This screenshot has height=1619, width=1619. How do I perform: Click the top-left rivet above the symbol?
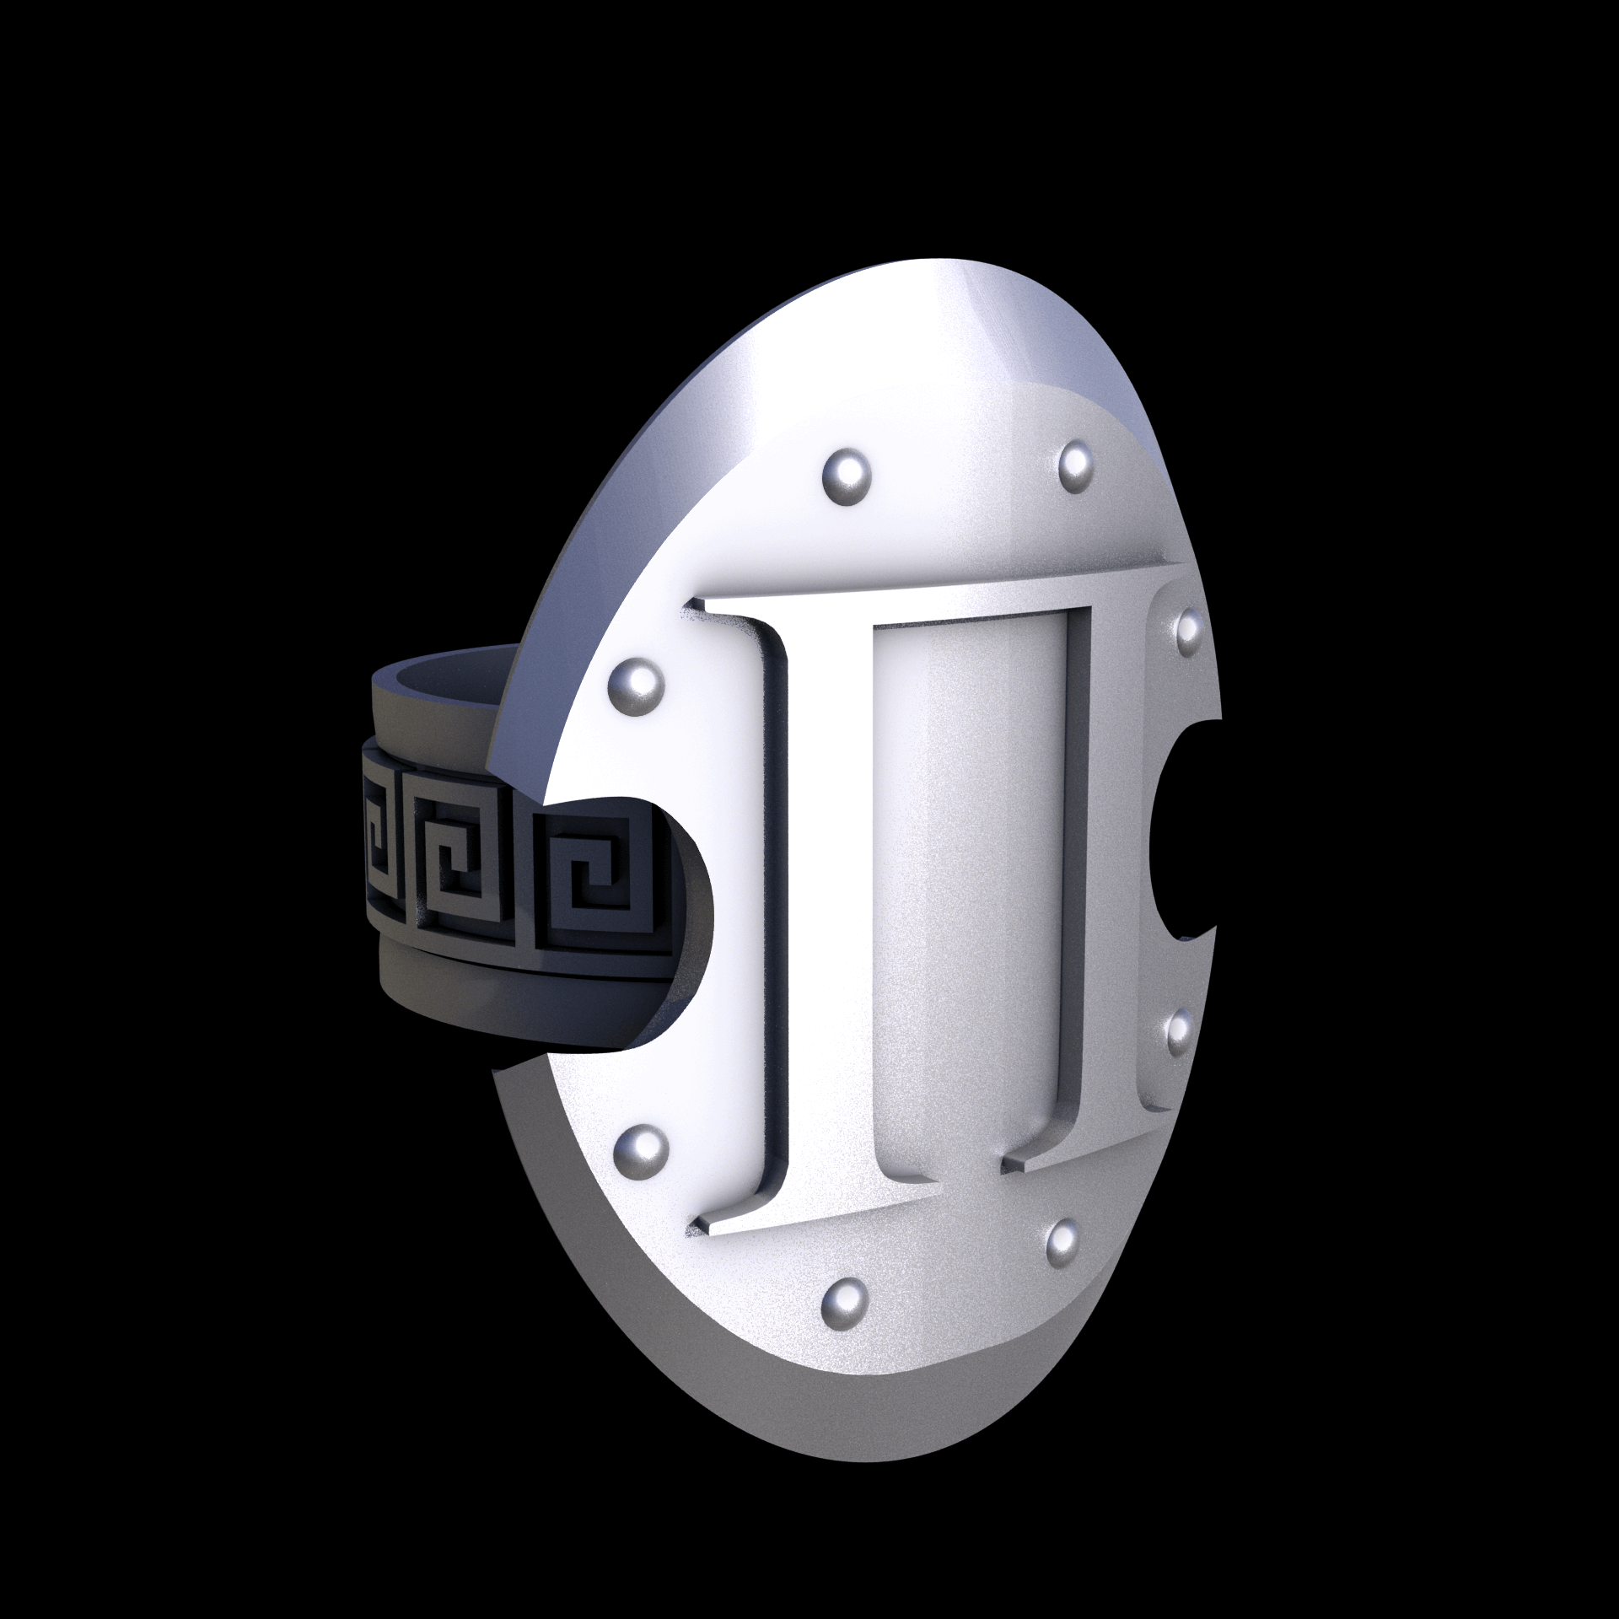tap(846, 475)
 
